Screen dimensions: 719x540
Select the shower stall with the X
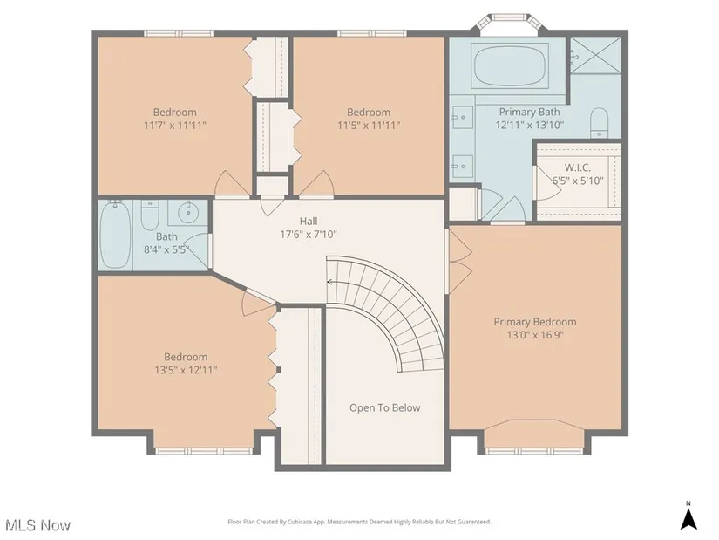pyautogui.click(x=595, y=54)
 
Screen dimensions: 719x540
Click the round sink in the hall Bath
pyautogui.click(x=187, y=212)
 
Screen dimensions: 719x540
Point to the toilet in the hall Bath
pyautogui.click(x=150, y=215)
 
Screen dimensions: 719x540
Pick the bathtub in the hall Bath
pyautogui.click(x=116, y=234)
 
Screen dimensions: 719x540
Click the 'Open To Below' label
pyautogui.click(x=384, y=407)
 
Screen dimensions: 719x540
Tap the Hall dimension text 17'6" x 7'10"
pyautogui.click(x=309, y=235)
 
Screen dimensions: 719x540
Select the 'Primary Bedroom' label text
pyautogui.click(x=535, y=322)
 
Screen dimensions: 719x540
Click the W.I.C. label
pyautogui.click(x=577, y=167)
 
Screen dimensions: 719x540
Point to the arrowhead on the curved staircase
pyautogui.click(x=329, y=282)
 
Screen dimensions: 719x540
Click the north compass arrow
pyautogui.click(x=688, y=518)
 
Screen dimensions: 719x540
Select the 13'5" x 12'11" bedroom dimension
pyautogui.click(x=186, y=370)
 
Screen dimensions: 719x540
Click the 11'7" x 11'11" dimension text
pyautogui.click(x=174, y=126)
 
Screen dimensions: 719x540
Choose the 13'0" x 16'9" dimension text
pyautogui.click(x=535, y=335)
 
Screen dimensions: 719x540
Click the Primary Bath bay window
pyautogui.click(x=510, y=23)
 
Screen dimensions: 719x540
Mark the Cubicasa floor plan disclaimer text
pyautogui.click(x=359, y=522)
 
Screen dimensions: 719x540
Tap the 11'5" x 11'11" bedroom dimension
pyautogui.click(x=369, y=126)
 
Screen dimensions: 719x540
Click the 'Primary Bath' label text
pyautogui.click(x=530, y=112)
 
